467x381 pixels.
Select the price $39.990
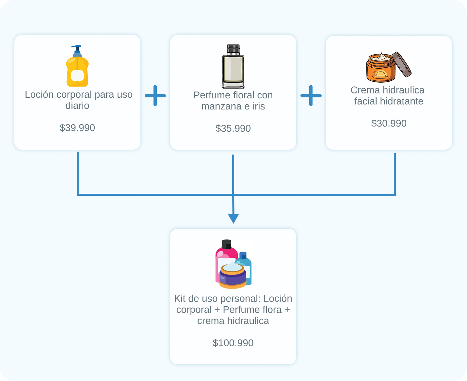77,128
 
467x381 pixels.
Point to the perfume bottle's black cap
233,49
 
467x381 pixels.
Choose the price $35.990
233,128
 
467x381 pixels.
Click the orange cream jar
380,69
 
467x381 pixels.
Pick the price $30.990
389,123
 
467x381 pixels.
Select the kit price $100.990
233,343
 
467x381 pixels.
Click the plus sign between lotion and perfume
155,96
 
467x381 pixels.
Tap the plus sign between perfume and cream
311,96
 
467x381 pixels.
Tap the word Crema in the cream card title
365,90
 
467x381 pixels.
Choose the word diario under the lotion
77,106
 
